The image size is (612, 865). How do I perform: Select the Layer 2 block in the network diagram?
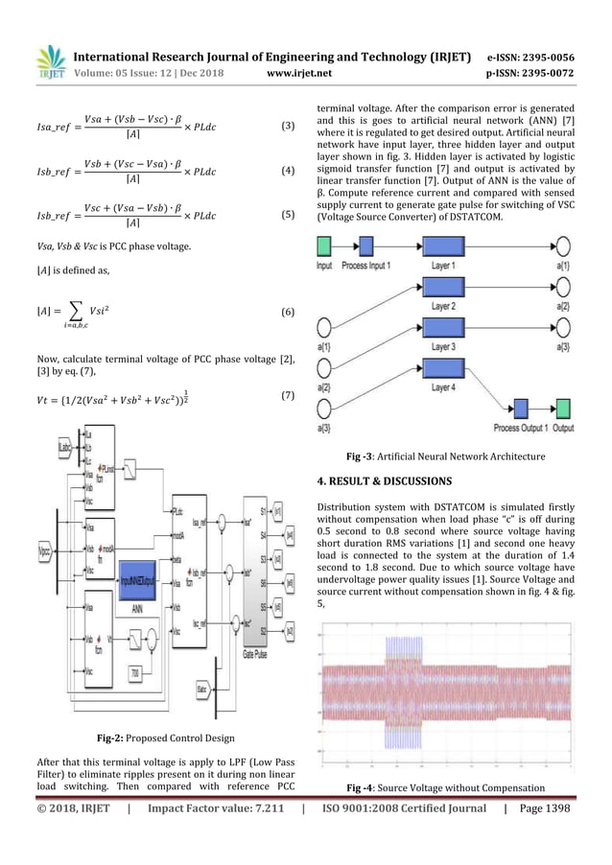442,286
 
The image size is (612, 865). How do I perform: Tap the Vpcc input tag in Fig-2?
41,526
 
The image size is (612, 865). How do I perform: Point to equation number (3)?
287,126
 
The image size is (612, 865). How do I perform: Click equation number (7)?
287,395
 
